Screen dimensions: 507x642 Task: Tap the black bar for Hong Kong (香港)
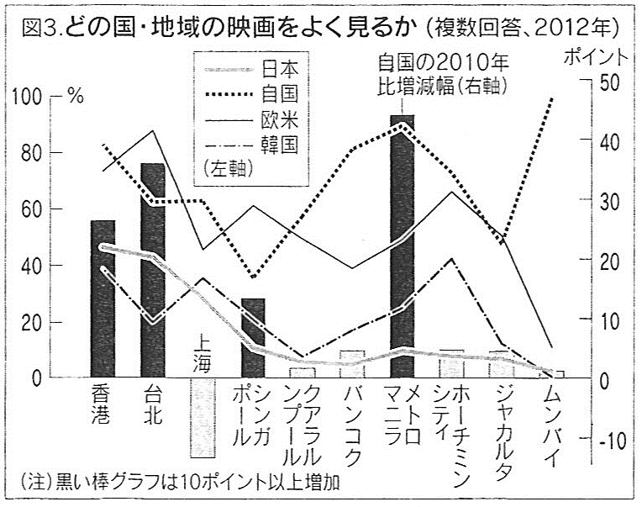tap(103, 299)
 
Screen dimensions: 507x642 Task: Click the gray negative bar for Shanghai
tap(202, 418)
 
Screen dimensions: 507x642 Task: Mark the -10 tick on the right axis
tap(608, 439)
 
